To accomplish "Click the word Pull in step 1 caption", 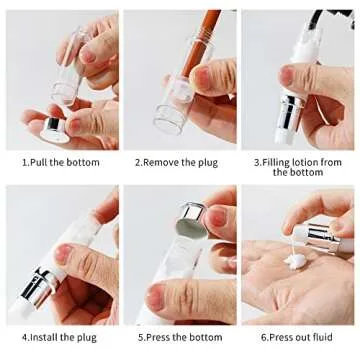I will click(x=42, y=160).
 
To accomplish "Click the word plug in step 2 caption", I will click(x=205, y=160).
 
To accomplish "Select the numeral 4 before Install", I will click(x=24, y=337).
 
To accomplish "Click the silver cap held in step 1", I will click(x=52, y=126).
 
